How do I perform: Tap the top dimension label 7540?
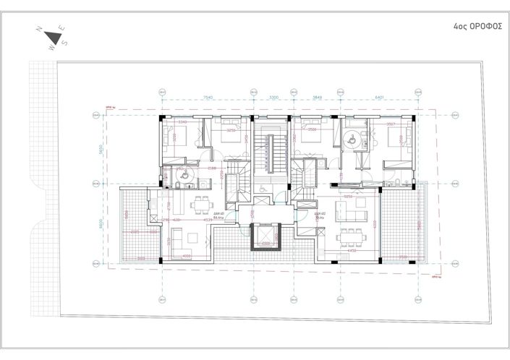207,96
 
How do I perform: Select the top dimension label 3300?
273,96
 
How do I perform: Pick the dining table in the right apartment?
352,236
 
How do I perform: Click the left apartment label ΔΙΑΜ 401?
218,215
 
